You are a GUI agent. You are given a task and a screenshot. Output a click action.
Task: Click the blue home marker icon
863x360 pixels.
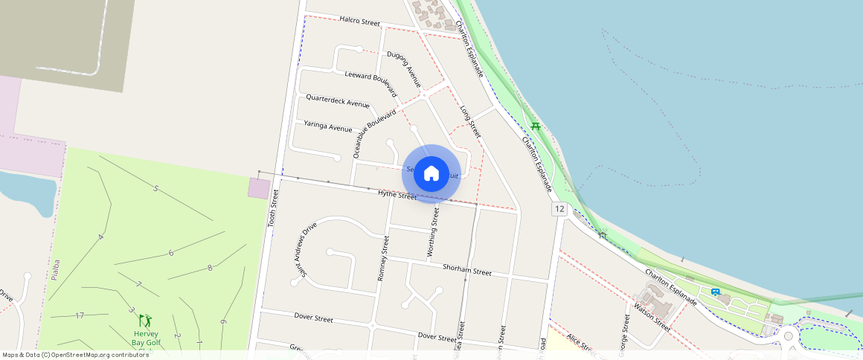coord(431,174)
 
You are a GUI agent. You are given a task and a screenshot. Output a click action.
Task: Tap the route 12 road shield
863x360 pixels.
coord(559,210)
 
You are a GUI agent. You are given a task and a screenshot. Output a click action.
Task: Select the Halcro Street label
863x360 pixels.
coord(359,20)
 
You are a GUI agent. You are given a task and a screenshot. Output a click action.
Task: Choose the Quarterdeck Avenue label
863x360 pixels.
coord(338,100)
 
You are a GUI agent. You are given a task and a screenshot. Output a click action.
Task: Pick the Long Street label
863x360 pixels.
coord(470,123)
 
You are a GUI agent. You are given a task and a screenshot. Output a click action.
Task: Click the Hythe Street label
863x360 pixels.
coord(397,195)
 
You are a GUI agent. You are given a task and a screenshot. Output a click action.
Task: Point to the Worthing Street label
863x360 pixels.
coord(433,233)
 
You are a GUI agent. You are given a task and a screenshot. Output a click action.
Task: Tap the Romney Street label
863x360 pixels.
coord(382,257)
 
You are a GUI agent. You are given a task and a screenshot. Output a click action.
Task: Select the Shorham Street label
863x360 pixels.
coord(466,269)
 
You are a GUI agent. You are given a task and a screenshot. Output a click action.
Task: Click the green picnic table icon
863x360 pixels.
coord(536,126)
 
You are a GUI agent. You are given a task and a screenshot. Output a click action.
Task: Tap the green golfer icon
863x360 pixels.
coord(146,321)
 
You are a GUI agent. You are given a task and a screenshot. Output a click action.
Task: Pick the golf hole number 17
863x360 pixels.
coord(80,316)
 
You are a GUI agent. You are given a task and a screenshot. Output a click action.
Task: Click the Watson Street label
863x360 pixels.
coord(652,318)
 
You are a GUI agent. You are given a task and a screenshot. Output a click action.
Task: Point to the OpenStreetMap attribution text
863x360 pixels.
coord(76,355)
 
